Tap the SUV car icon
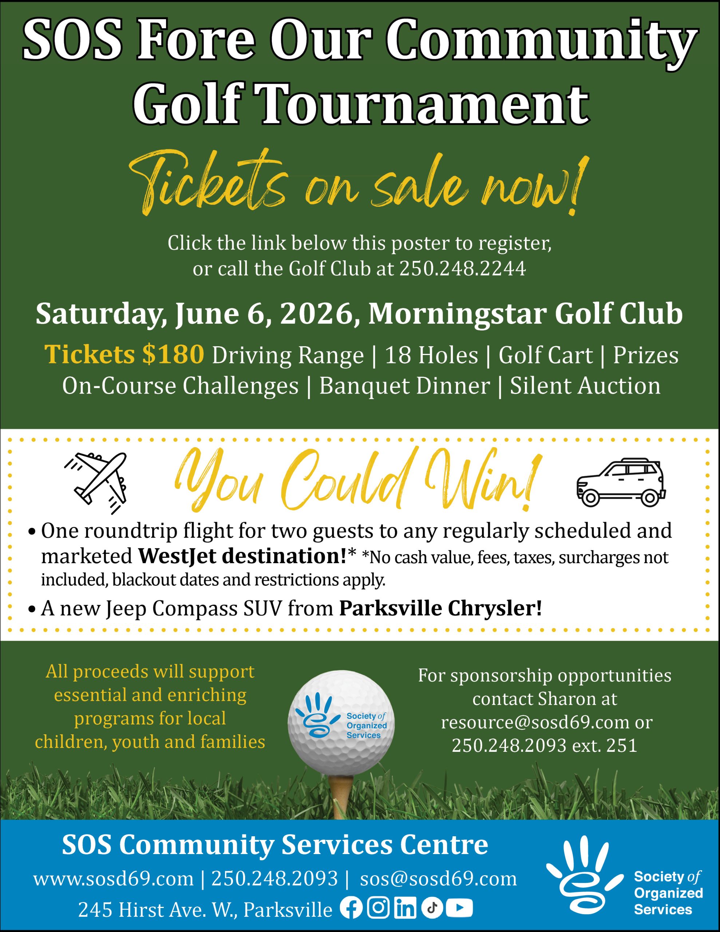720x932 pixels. [x=621, y=482]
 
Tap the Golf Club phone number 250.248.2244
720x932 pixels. [x=462, y=269]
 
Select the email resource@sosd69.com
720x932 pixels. [x=535, y=722]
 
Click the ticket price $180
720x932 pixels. [x=173, y=355]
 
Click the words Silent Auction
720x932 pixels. [x=585, y=386]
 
